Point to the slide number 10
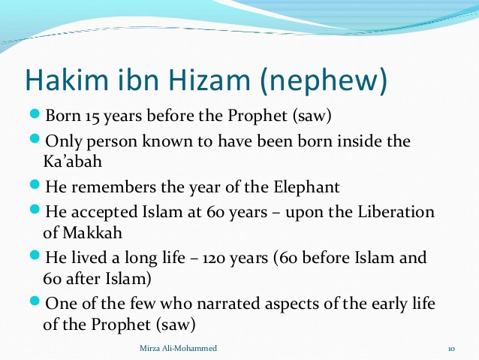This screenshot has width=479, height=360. [x=452, y=349]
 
